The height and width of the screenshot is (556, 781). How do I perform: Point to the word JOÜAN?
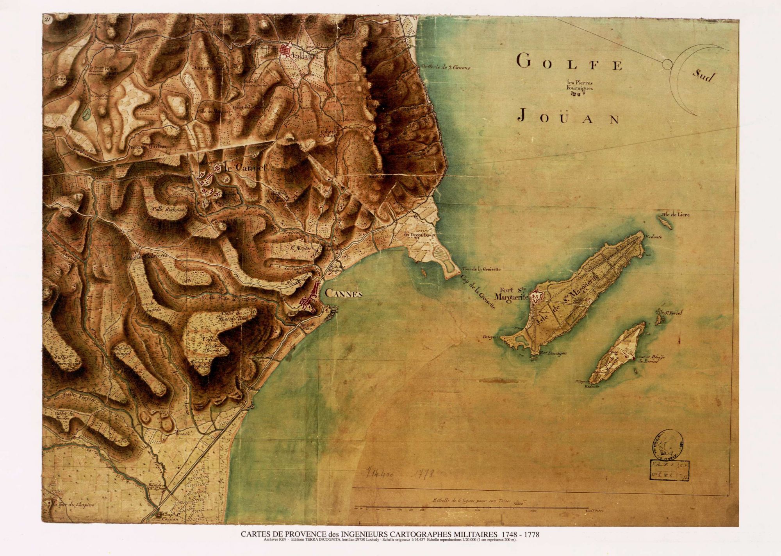click(x=568, y=117)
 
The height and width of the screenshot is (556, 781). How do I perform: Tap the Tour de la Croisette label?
click(x=481, y=269)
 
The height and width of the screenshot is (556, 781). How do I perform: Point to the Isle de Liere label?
click(x=676, y=215)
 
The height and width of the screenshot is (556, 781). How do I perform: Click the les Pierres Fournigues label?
click(x=580, y=85)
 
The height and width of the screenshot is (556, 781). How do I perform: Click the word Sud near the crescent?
click(x=703, y=76)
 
